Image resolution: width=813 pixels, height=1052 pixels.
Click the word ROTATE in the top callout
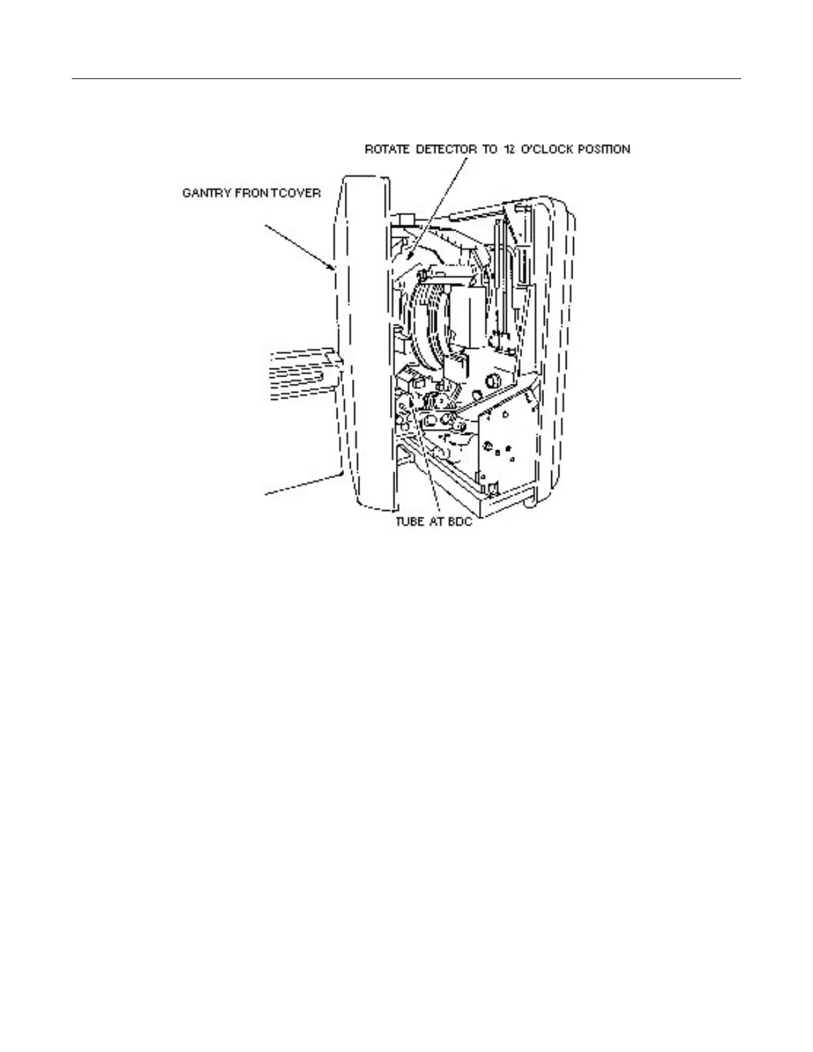coord(387,149)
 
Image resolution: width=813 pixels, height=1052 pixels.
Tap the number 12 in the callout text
coord(509,149)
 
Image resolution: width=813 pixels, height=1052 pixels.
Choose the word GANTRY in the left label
coord(203,193)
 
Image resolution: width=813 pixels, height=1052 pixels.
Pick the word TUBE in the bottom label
coord(409,521)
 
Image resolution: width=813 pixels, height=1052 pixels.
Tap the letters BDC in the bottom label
coord(459,521)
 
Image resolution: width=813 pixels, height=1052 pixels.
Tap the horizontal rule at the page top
coord(406,79)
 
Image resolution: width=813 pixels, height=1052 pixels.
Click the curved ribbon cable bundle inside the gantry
coord(425,319)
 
